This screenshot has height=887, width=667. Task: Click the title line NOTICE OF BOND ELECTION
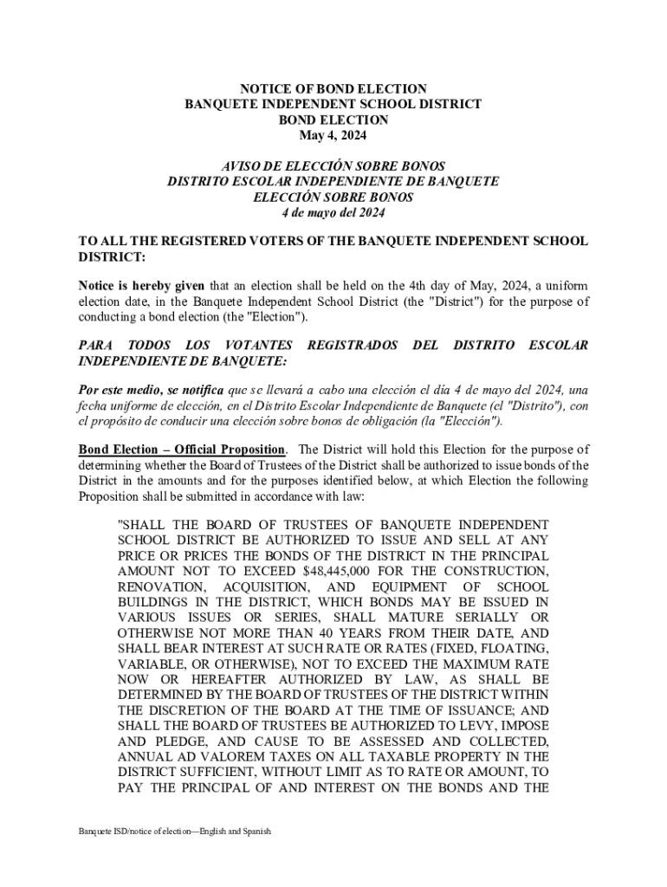click(x=333, y=88)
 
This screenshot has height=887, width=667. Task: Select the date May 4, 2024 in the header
click(x=333, y=135)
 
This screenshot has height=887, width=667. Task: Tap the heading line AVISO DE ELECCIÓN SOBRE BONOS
click(x=333, y=165)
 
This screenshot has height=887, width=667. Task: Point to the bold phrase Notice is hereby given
click(x=141, y=286)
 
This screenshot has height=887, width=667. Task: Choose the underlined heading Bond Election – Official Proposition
click(x=182, y=450)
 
